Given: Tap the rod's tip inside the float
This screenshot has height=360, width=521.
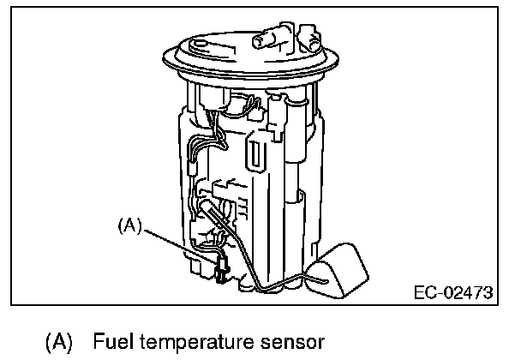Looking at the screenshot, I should click(x=325, y=276).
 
